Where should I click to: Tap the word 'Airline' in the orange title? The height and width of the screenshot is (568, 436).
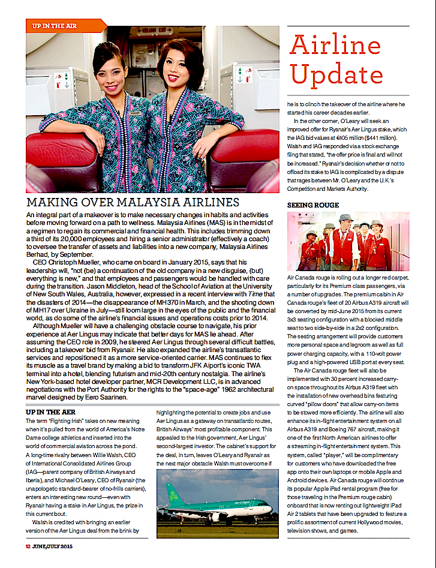(x=335, y=46)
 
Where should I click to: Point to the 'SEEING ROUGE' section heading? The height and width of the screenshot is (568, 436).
(x=314, y=205)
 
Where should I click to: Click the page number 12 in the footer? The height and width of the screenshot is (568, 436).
(x=28, y=546)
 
